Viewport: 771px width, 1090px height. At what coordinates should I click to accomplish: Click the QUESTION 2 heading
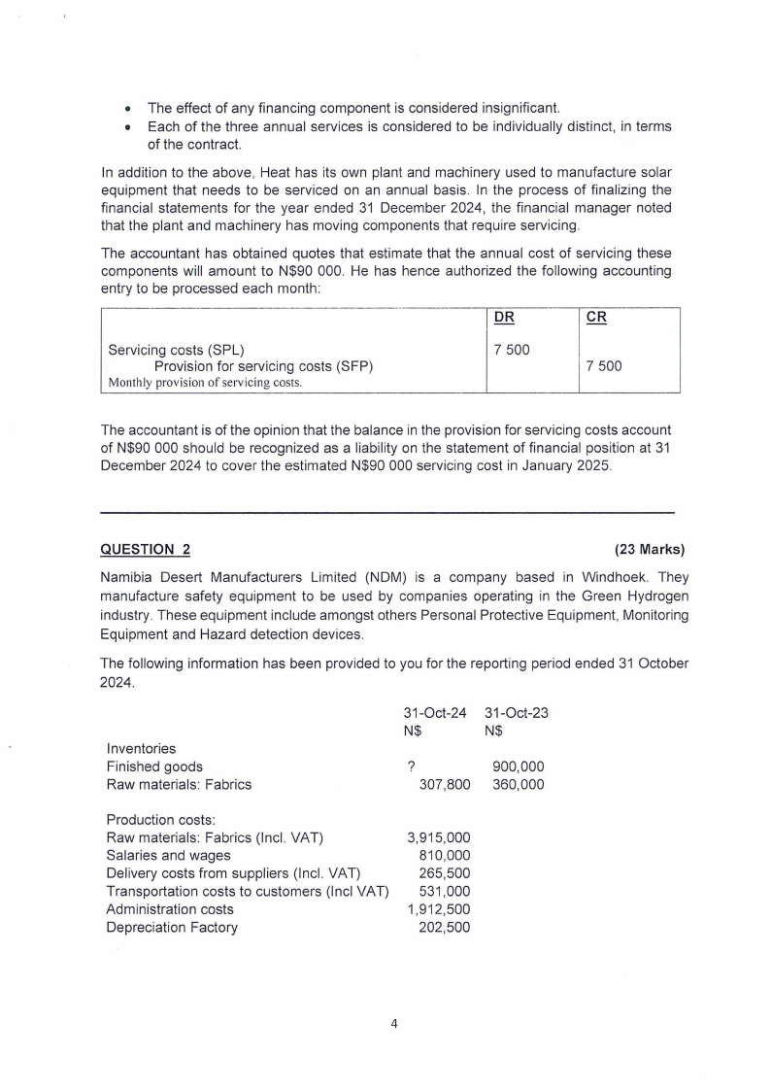146,550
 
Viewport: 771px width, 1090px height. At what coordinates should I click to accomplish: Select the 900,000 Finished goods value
519,766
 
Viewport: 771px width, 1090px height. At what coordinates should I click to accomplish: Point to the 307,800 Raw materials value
444,784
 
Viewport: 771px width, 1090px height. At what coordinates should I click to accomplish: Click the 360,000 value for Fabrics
519,784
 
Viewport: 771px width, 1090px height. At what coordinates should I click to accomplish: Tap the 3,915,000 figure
438,837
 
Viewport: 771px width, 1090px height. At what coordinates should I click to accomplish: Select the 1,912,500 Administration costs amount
438,909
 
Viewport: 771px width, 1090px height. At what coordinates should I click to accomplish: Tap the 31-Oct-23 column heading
516,712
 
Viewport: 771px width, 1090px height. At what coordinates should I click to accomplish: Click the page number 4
394,1023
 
